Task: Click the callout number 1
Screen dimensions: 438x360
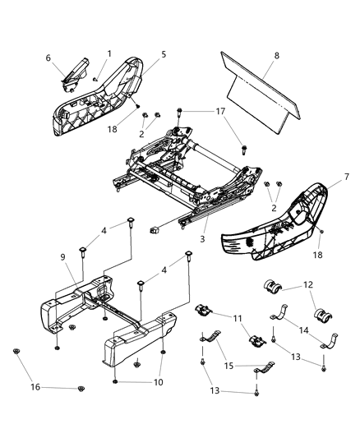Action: click(108, 54)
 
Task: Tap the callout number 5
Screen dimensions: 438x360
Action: click(163, 54)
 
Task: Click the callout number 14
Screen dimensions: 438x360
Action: click(306, 329)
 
